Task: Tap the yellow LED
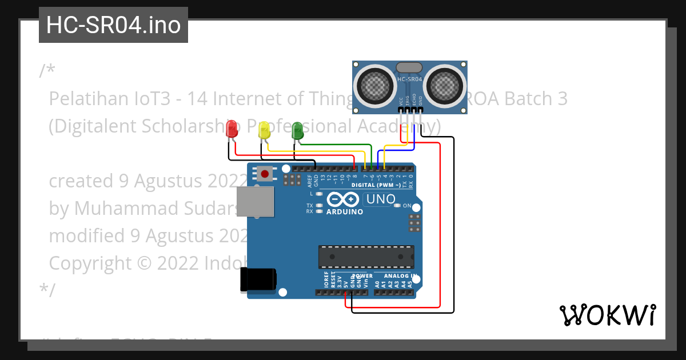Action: pyautogui.click(x=264, y=130)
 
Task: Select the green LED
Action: pyautogui.click(x=297, y=130)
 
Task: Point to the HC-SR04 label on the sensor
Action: pyautogui.click(x=409, y=79)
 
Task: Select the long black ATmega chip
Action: pyautogui.click(x=366, y=257)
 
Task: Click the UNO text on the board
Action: pyautogui.click(x=380, y=199)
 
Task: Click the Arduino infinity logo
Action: pyautogui.click(x=343, y=199)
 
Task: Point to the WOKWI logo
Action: pyautogui.click(x=607, y=315)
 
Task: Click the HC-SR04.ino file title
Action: pyautogui.click(x=113, y=25)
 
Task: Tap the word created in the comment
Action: pyautogui.click(x=82, y=181)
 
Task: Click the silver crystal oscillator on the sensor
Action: pyautogui.click(x=409, y=67)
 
